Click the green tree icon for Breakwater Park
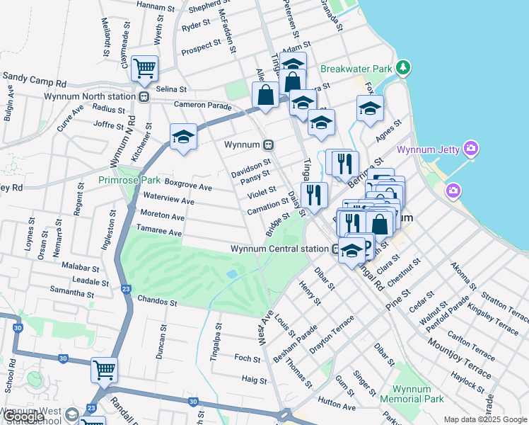[403, 68]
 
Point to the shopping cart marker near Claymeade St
[144, 69]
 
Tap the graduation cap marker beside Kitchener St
[182, 136]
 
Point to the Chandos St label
[157, 302]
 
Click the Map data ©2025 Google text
[485, 419]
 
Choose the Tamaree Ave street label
[161, 232]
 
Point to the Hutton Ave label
[337, 407]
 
